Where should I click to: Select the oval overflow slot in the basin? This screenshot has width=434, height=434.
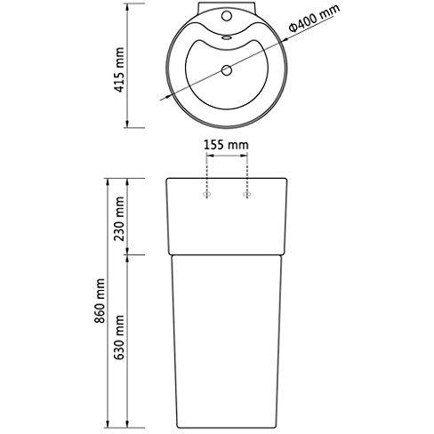click(226, 36)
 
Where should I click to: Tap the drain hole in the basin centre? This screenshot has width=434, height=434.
click(226, 68)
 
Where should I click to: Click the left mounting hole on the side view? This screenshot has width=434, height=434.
click(208, 192)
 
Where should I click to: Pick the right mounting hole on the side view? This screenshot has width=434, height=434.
click(245, 192)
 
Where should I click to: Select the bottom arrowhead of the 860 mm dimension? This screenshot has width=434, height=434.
click(110, 420)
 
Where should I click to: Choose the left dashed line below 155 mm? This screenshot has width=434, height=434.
click(208, 173)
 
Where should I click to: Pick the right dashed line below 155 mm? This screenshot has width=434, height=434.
click(245, 173)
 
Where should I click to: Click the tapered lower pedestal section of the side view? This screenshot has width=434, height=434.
click(226, 338)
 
